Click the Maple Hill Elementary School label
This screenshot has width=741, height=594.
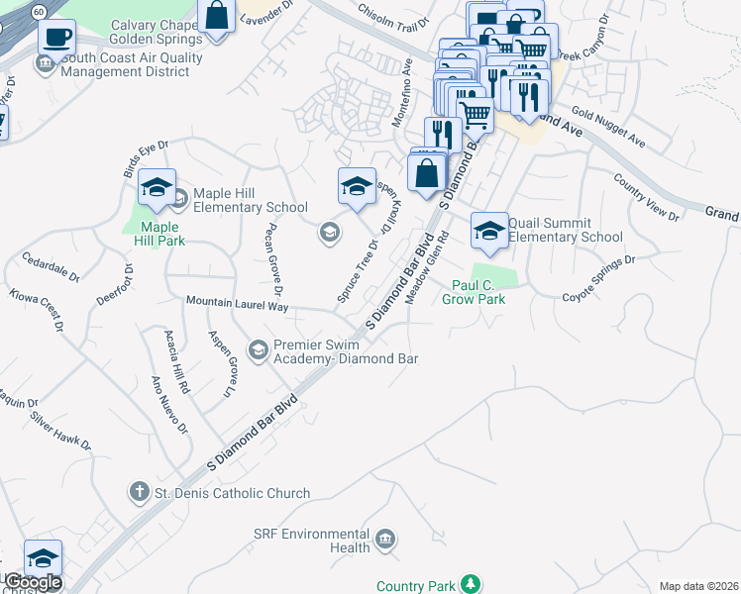251,200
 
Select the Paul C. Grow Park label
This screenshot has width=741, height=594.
473,292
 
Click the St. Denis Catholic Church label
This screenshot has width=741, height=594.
232,493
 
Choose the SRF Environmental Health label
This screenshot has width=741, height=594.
311,541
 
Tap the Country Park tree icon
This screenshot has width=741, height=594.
473,585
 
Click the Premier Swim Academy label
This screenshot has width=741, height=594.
346,351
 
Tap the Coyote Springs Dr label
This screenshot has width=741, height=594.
598,280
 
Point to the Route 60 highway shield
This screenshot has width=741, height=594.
38,11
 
